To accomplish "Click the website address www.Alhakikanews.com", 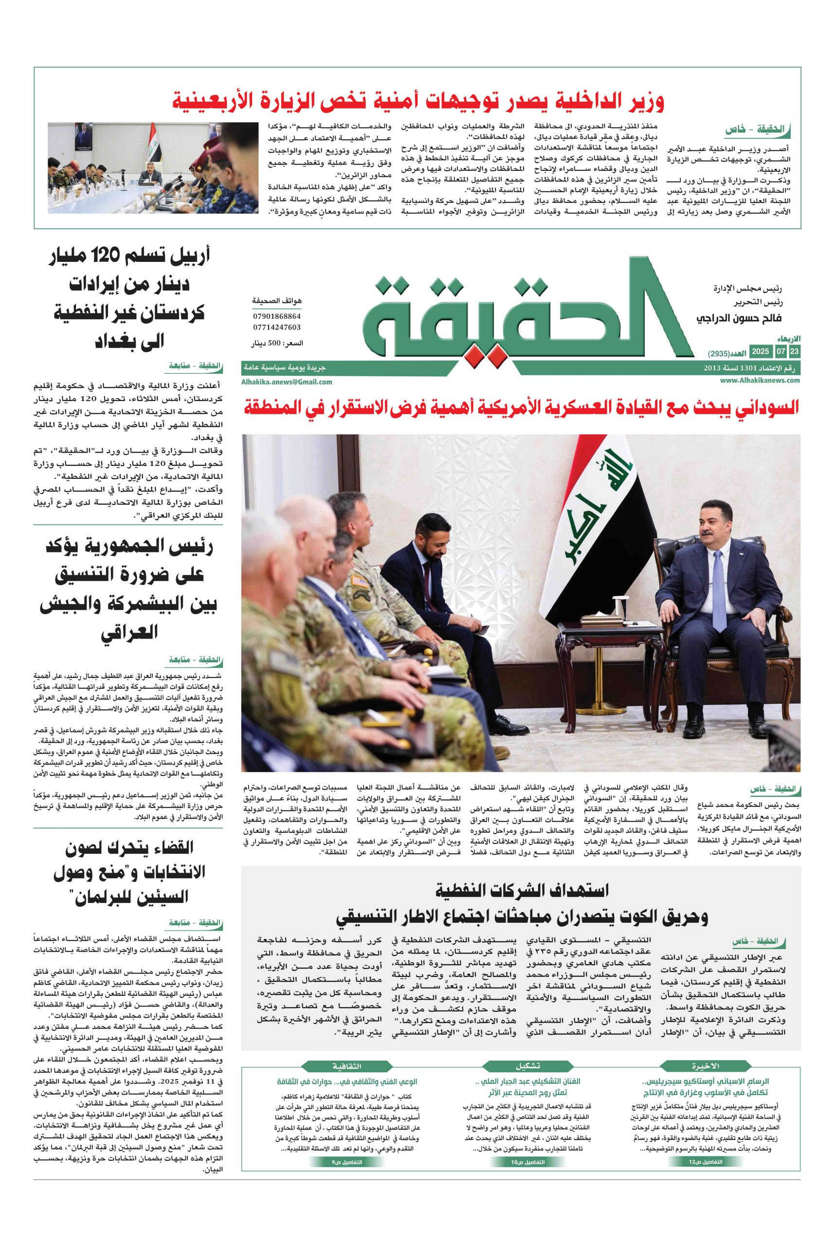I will [x=761, y=381].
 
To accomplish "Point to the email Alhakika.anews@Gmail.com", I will [x=287, y=382].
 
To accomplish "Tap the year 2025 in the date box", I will [x=759, y=351].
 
